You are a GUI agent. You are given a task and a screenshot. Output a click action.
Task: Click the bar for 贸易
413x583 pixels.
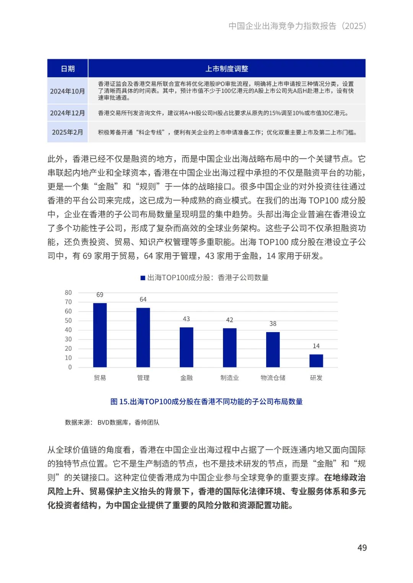[100, 335]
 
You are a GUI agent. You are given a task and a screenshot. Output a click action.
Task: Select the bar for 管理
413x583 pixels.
[143, 338]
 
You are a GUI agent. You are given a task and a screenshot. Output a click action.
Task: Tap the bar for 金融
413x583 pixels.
[186, 347]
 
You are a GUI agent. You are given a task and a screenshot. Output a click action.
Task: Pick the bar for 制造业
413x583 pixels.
[229, 348]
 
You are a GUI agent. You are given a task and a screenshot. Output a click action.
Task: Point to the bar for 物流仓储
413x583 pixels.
[273, 350]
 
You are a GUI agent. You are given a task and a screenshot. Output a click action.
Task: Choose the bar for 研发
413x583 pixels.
[316, 361]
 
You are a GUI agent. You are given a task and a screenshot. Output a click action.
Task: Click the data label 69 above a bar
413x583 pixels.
[100, 295]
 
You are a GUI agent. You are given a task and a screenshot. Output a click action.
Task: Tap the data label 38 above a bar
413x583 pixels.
[273, 324]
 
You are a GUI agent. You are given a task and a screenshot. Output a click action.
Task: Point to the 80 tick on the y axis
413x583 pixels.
[68, 293]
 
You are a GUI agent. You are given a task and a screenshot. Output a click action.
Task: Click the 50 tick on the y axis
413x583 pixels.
[68, 321]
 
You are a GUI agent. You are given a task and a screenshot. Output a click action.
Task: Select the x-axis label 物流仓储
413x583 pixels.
[273, 378]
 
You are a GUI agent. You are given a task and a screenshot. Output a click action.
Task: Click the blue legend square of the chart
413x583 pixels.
[143, 278]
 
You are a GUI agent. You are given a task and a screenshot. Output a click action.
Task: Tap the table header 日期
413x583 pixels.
[68, 69]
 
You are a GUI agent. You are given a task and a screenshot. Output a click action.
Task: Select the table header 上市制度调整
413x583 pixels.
[227, 69]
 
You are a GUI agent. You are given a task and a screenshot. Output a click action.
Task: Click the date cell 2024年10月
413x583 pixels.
[67, 91]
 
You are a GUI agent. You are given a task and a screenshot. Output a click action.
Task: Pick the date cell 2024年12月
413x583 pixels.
[67, 113]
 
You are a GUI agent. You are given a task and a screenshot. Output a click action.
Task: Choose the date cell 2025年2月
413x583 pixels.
[67, 132]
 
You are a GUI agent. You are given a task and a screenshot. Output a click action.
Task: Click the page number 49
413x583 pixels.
[362, 548]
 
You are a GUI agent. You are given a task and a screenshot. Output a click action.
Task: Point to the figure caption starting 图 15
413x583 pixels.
[206, 402]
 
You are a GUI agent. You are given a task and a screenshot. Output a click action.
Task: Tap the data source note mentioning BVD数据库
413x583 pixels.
[112, 422]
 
